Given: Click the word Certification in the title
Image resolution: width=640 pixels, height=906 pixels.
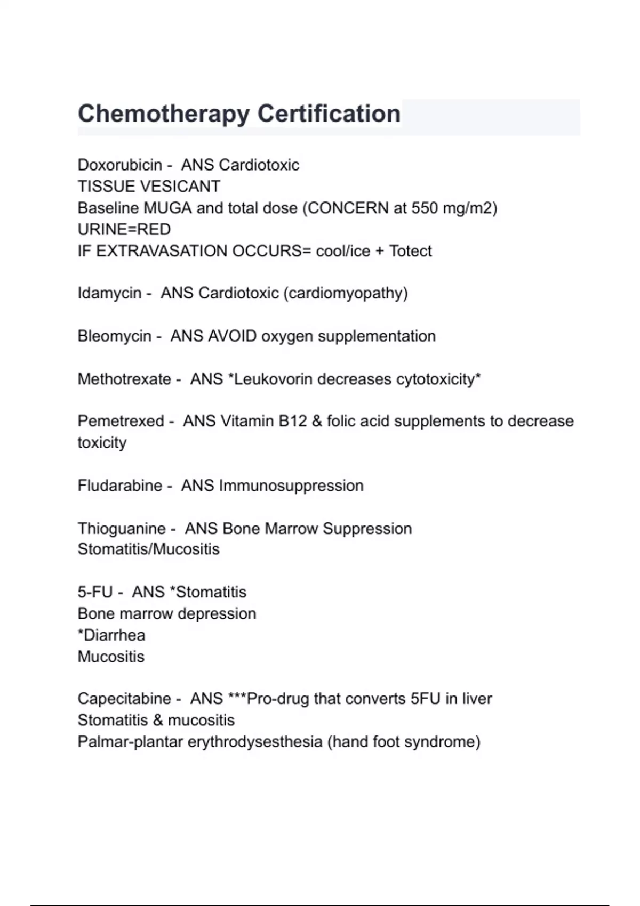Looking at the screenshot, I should [329, 114].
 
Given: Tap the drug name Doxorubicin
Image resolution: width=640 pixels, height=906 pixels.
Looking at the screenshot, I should [119, 165].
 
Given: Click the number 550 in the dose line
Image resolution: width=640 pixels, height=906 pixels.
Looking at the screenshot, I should [425, 208].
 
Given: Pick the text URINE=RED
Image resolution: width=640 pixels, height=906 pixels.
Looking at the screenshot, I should [124, 229].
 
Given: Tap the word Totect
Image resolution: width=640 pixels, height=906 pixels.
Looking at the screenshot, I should [410, 250].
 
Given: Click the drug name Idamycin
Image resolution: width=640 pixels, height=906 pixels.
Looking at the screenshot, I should [109, 293].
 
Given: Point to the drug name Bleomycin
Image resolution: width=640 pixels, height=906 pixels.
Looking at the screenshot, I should [114, 336].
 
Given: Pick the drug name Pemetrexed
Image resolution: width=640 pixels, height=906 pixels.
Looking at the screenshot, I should [121, 421].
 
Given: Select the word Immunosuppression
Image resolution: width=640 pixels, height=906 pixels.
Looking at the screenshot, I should [291, 486].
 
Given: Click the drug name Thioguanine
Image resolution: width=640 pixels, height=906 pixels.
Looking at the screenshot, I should [122, 529].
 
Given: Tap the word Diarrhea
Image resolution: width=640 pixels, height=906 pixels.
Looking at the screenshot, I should [114, 635].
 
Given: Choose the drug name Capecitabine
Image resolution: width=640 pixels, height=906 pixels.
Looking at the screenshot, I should [124, 699].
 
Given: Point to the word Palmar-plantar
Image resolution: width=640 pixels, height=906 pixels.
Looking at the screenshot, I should [130, 742].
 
